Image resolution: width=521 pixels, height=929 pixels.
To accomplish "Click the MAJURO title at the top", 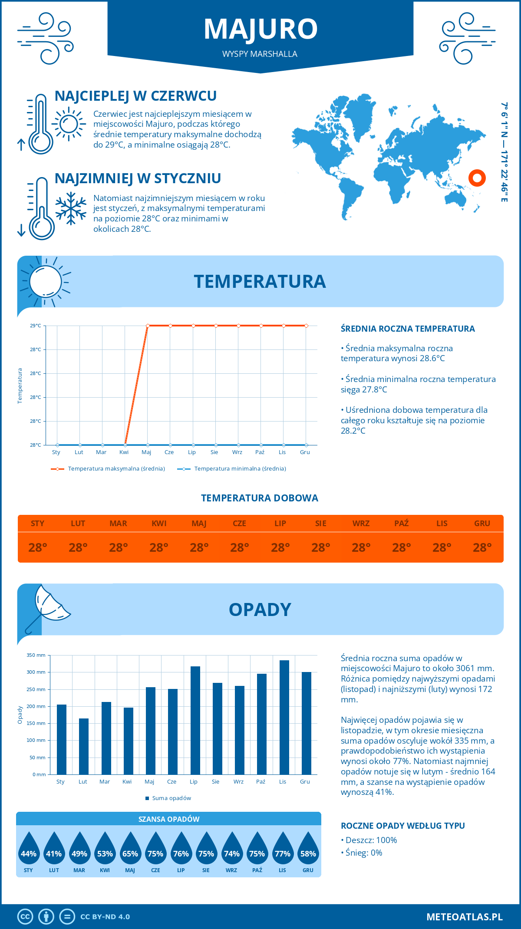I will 260,29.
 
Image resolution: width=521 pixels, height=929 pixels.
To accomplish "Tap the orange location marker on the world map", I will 477,178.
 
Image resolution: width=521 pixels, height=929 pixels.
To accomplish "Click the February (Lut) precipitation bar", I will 84,746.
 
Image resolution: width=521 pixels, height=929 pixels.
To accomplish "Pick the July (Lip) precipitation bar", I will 195,720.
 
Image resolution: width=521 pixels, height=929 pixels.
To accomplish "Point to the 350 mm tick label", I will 36,655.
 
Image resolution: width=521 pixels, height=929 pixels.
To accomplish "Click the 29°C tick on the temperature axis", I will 36,326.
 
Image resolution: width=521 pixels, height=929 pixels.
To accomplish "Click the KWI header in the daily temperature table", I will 159,524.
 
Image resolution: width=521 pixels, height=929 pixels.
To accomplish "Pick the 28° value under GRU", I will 482,547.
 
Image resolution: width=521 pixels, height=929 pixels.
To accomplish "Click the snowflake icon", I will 71,208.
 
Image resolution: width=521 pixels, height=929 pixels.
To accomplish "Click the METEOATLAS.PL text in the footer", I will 465,917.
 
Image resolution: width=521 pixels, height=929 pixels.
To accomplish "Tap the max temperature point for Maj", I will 148,326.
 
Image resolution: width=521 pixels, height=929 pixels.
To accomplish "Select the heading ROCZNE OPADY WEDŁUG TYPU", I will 402,826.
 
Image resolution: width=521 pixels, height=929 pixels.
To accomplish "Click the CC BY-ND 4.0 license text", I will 105,917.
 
